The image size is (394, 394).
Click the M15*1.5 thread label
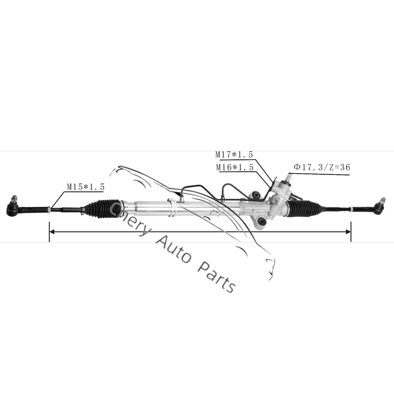pyautogui.click(x=86, y=187)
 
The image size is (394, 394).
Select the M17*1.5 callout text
pyautogui.click(x=234, y=155)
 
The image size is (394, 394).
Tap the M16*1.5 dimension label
pyautogui.click(x=235, y=167)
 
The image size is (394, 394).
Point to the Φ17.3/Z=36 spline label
pyautogui.click(x=322, y=167)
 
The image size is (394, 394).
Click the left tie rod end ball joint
pyautogui.click(x=13, y=208)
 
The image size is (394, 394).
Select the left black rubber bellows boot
pyautogui.click(x=102, y=208)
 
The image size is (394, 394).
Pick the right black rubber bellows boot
pyautogui.click(x=304, y=208)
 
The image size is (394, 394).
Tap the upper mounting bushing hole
pyautogui.click(x=256, y=195)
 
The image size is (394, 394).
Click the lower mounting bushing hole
pyautogui.click(x=262, y=222)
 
